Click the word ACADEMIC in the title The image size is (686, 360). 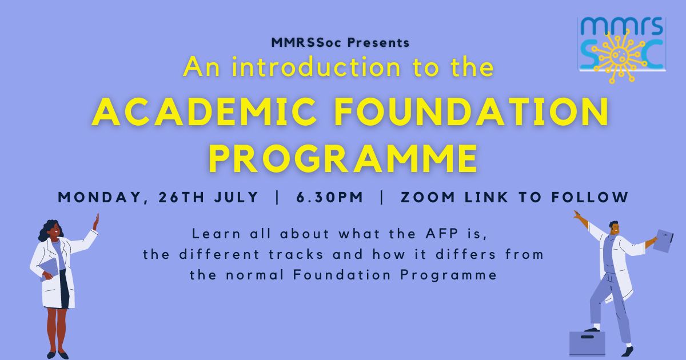(205, 111)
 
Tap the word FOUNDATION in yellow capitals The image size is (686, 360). (471, 111)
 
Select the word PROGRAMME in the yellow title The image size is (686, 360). (343, 158)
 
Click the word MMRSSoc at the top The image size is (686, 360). (306, 42)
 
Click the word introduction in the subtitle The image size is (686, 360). (316, 67)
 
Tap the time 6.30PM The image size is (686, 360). (330, 197)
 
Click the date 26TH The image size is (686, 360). (182, 197)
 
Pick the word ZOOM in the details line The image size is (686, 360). (428, 197)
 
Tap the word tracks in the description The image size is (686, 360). (296, 254)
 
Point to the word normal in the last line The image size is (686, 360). (255, 275)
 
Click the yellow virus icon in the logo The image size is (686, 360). (621, 56)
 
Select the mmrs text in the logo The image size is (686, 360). (622, 26)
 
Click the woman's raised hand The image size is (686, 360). (96, 222)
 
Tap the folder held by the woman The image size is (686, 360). (49, 269)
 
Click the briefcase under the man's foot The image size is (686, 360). (587, 344)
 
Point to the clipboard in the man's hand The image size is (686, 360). (663, 241)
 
